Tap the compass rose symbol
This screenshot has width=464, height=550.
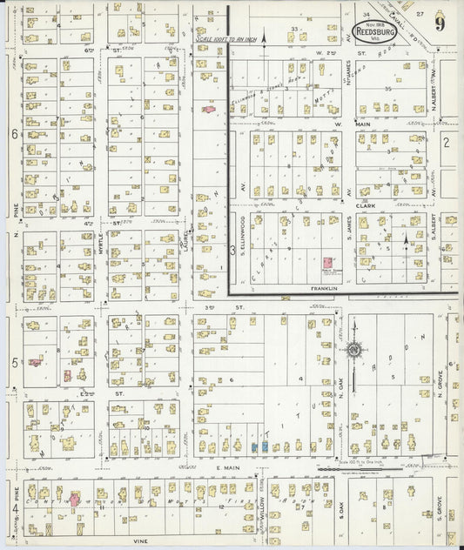[353, 350]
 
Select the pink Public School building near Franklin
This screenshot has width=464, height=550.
[327, 262]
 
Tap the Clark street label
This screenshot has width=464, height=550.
[387, 206]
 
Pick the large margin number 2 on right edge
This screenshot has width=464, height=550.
[445, 142]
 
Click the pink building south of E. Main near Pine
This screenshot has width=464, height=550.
[74, 500]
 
